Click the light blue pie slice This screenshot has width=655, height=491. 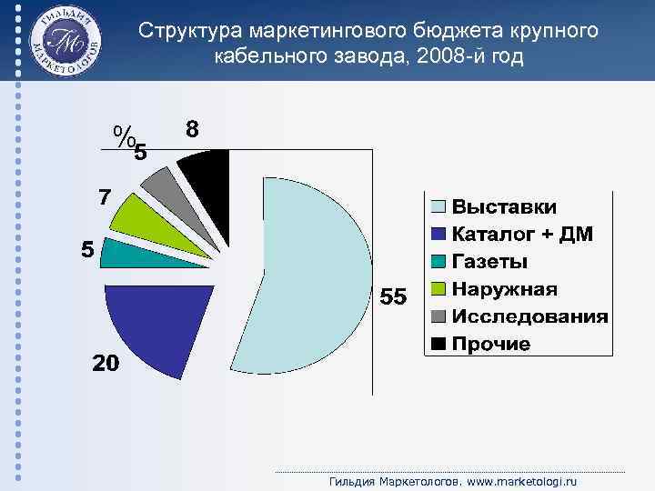309,273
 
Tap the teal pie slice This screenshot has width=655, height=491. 118,254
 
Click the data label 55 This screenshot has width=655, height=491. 393,297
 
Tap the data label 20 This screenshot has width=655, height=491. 105,364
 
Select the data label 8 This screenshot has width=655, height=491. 193,128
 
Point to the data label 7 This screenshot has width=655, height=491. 106,197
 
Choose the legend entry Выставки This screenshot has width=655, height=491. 504,208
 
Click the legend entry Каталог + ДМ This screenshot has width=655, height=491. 522,235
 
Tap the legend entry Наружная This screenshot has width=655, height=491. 505,289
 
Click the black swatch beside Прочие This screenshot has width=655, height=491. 438,344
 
